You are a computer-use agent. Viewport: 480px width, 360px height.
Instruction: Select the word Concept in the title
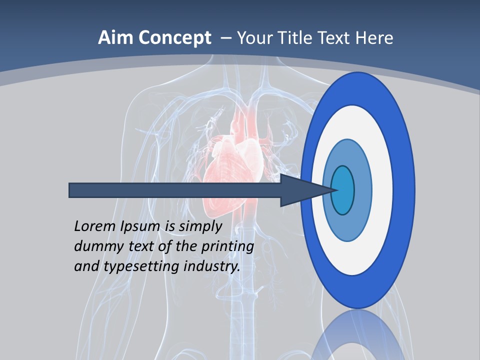point(174,38)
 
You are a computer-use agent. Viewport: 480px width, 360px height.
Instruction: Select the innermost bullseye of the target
point(343,190)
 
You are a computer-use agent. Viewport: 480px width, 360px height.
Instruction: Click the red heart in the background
point(230,160)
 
